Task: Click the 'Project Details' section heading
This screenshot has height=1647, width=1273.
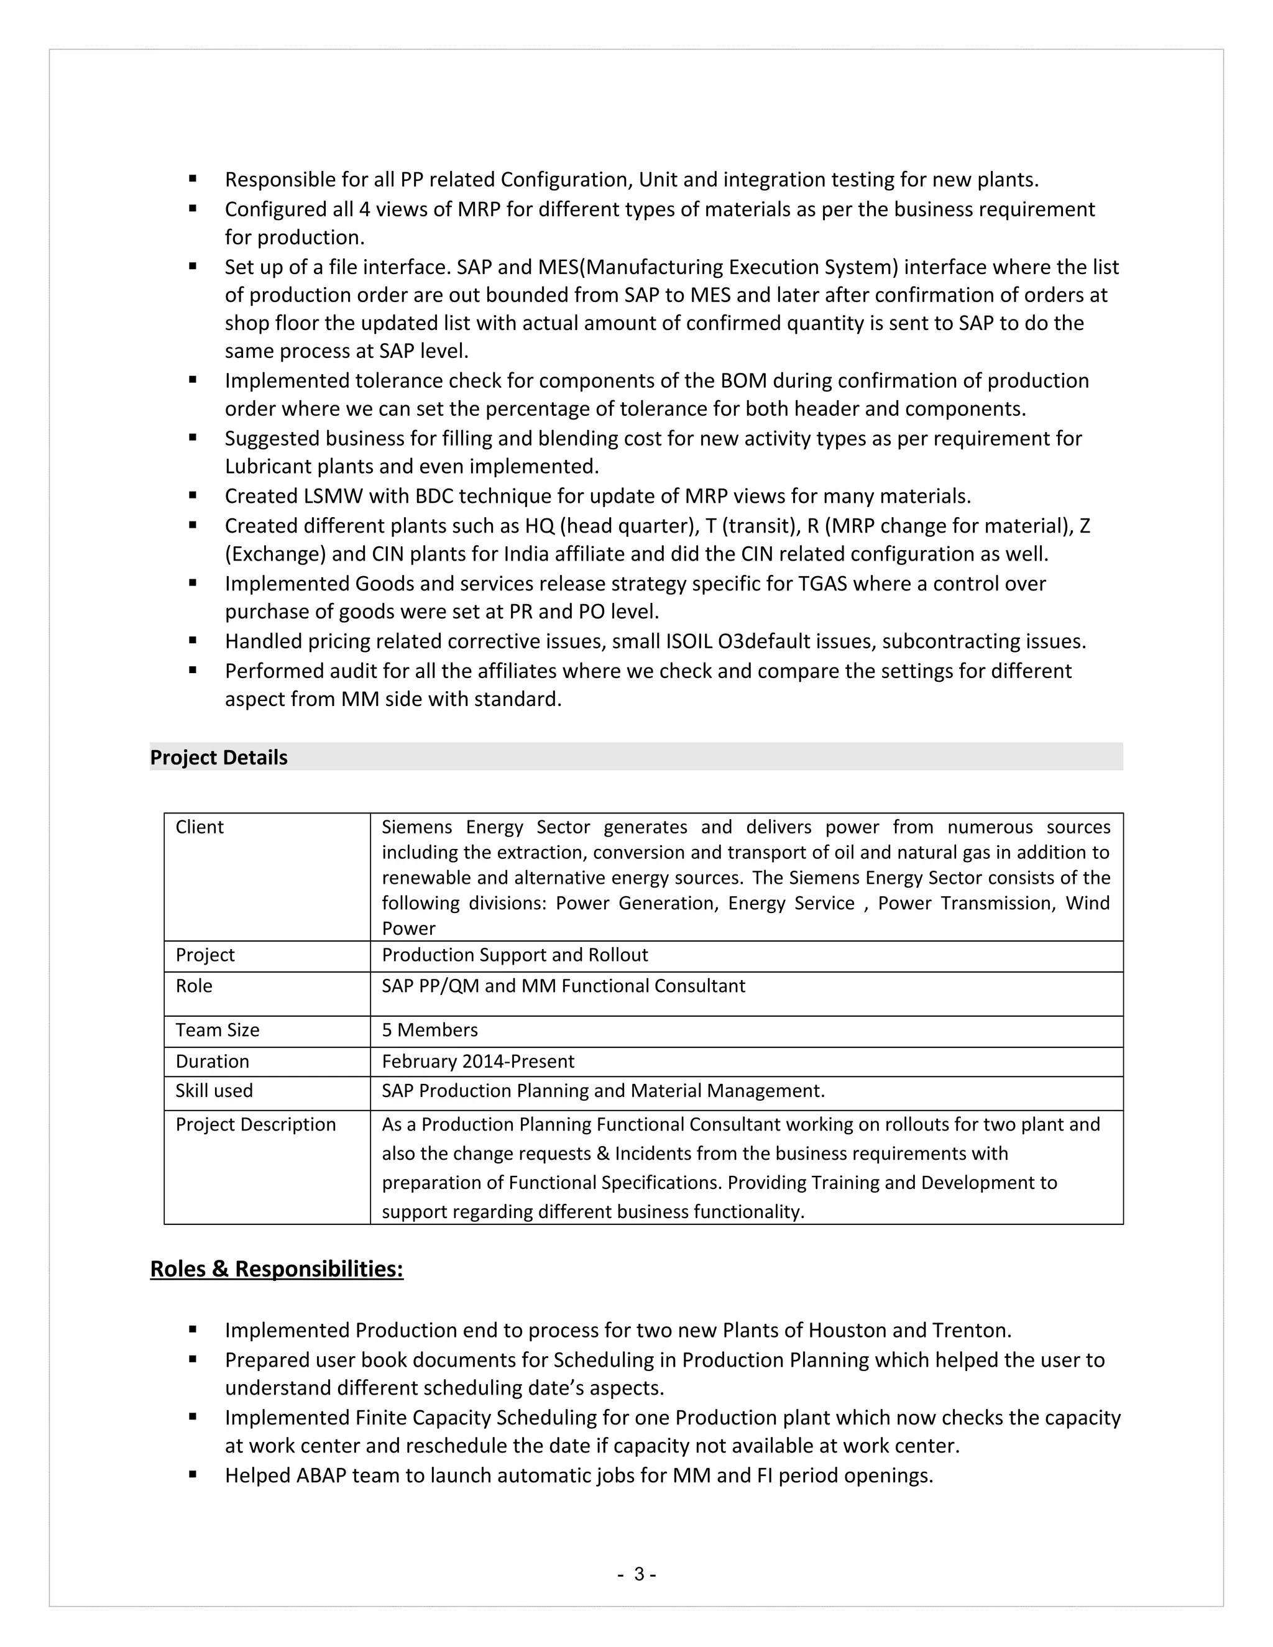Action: (219, 757)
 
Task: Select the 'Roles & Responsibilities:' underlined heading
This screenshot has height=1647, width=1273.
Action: (277, 1269)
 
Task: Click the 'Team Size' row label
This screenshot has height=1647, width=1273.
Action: (217, 1030)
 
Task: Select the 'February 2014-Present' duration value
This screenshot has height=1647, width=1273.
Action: (478, 1061)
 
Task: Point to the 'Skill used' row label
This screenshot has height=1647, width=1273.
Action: (214, 1091)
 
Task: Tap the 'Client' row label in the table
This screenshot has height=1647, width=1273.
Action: (200, 827)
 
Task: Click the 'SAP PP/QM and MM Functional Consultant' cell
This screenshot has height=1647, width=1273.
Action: (563, 986)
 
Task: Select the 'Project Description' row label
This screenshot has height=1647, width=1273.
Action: (255, 1124)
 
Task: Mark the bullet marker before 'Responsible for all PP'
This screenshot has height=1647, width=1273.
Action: (193, 179)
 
